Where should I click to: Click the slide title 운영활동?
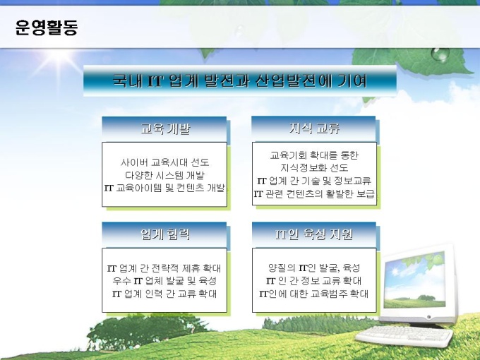point(47,28)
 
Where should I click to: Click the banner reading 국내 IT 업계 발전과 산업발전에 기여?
point(240,80)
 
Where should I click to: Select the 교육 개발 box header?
point(164,128)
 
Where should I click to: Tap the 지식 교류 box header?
point(314,128)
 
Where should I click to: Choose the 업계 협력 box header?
point(164,234)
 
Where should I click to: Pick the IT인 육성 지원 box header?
point(314,234)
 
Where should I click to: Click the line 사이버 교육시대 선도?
point(164,162)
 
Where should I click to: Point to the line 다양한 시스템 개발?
point(164,175)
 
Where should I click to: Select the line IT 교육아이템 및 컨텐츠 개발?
point(164,188)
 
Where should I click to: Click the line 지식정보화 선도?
point(314,168)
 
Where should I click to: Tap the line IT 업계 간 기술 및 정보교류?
point(314,181)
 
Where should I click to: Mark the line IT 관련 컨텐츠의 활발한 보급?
point(314,193)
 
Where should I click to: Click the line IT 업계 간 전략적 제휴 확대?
point(164,268)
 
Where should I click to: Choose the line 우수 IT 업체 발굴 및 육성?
point(164,281)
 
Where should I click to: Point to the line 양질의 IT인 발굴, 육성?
point(314,268)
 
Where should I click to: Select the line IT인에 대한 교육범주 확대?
point(314,294)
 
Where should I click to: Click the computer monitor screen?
point(415,280)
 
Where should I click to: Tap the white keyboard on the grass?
point(404,336)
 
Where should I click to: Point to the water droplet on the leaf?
point(440,54)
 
